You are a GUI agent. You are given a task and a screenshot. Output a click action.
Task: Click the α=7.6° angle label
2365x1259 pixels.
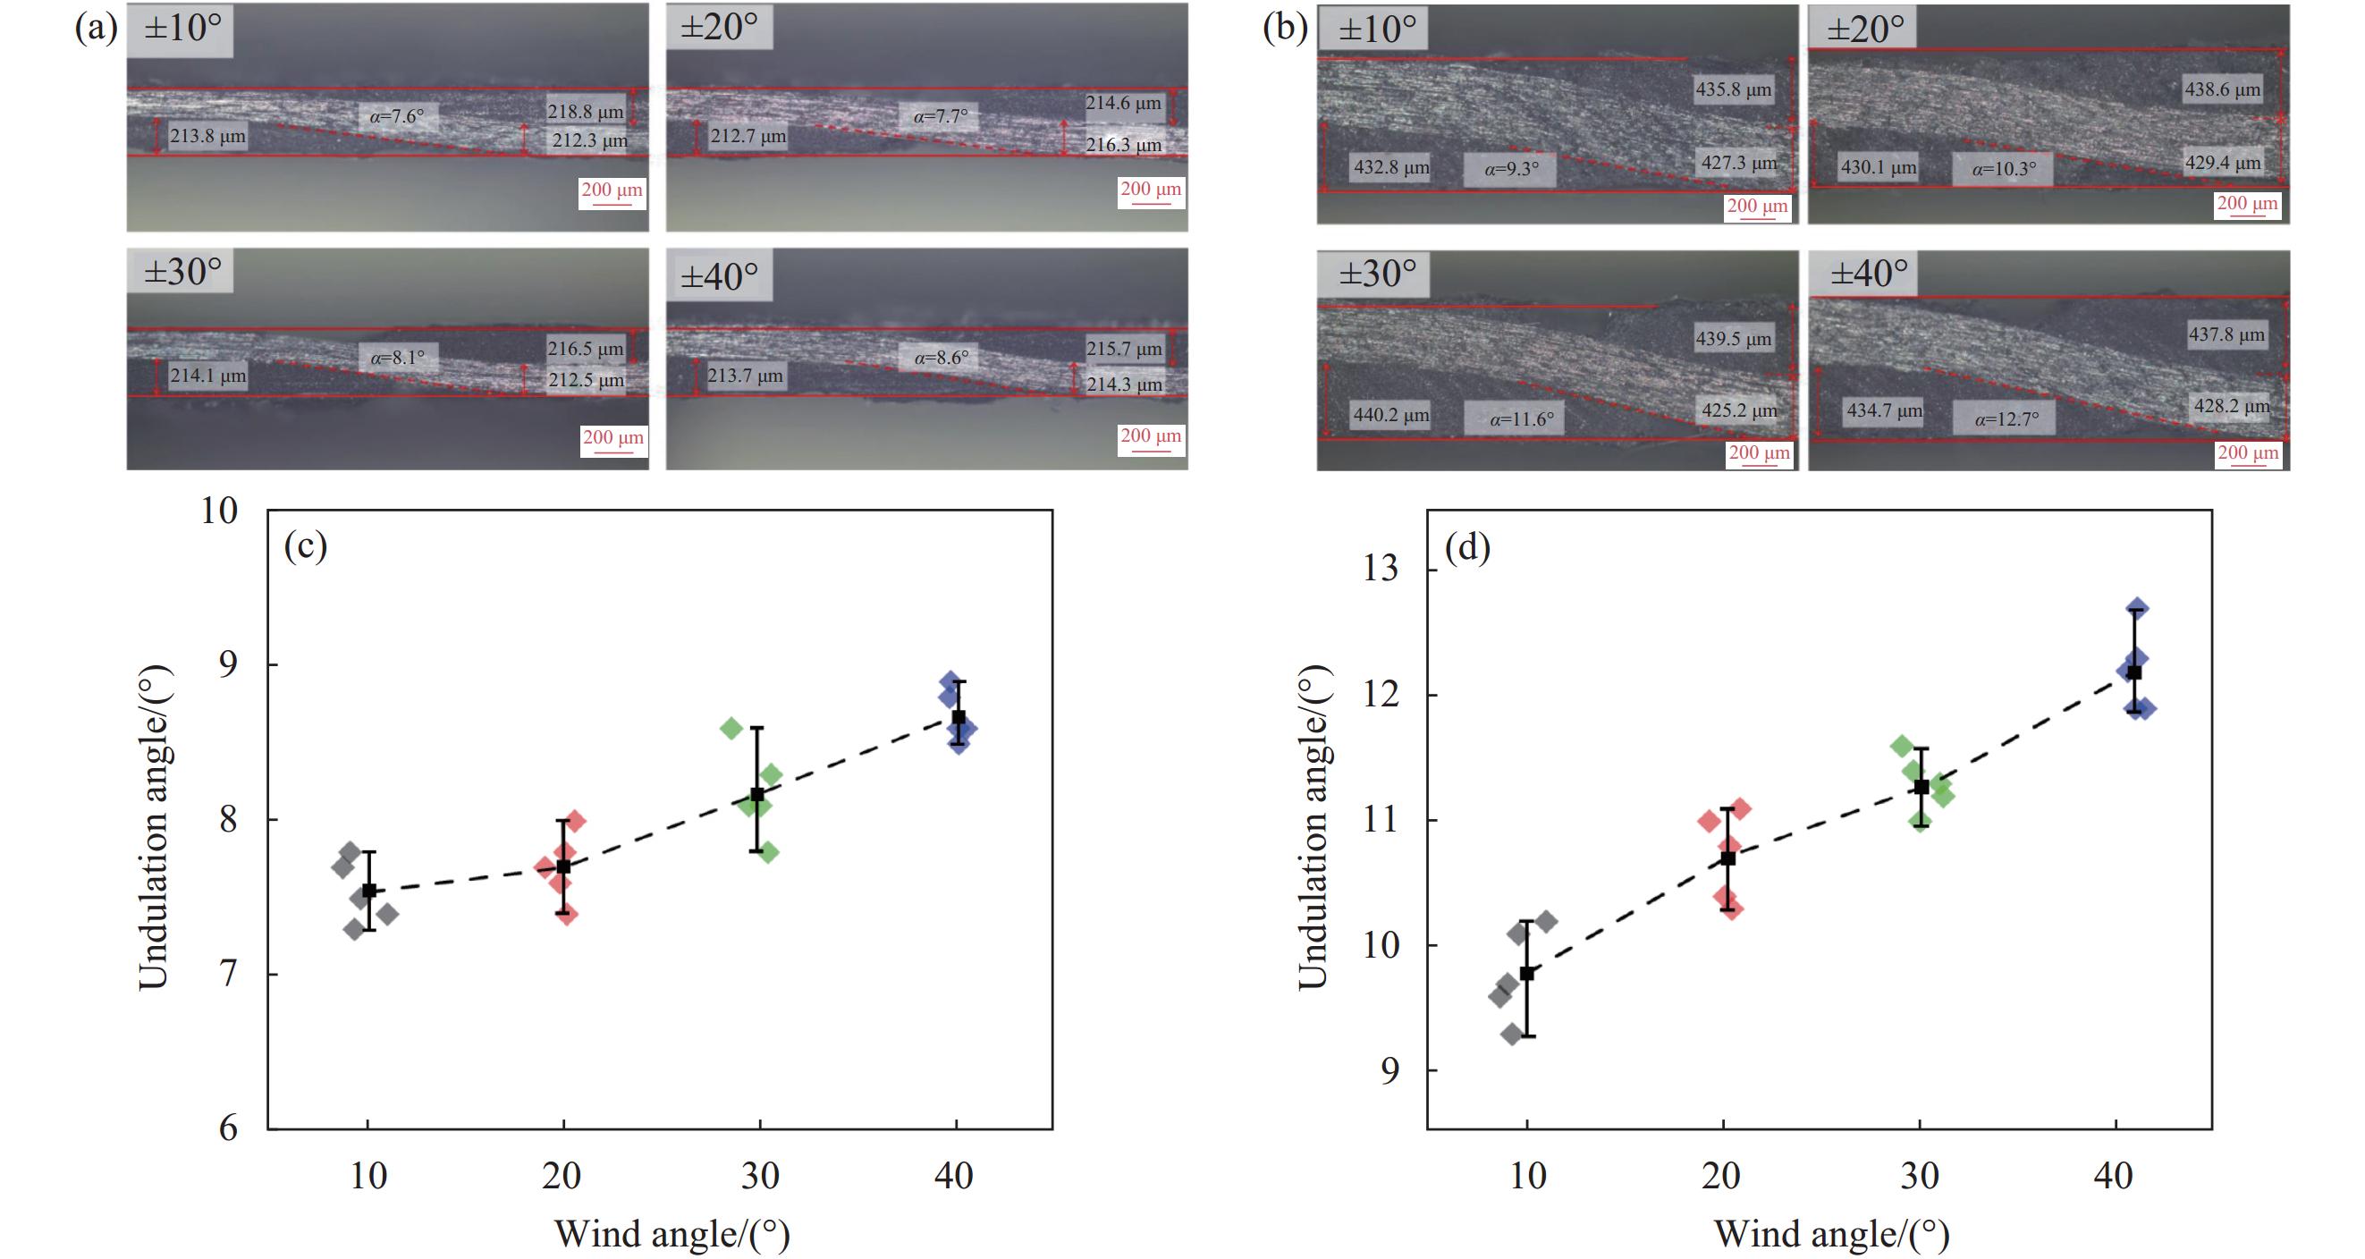398,116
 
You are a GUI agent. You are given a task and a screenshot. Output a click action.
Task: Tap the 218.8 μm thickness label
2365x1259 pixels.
585,112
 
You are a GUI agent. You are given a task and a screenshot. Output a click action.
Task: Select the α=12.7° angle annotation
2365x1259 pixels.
2007,419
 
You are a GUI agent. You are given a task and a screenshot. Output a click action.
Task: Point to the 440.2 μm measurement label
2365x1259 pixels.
1391,415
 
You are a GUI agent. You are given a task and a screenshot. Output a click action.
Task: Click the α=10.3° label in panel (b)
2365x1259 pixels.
2004,169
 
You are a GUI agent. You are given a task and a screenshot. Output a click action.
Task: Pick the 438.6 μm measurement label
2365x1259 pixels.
2222,89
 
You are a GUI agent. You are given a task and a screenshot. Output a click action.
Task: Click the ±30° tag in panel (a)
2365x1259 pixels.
182,272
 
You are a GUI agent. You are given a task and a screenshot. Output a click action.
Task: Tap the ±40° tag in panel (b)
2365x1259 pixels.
1869,274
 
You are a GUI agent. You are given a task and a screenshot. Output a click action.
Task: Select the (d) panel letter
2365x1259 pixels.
1467,547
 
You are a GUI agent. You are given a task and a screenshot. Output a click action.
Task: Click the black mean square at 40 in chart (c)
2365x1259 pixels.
959,718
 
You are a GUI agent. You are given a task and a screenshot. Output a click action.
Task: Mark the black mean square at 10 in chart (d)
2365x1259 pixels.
1527,974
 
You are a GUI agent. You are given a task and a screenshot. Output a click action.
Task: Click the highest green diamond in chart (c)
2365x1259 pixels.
731,729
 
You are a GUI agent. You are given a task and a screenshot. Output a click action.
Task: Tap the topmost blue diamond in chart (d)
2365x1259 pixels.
2137,608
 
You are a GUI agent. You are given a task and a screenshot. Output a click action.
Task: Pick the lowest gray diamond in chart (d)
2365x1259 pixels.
1511,1034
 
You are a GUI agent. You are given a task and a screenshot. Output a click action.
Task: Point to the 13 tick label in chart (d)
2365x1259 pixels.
1381,569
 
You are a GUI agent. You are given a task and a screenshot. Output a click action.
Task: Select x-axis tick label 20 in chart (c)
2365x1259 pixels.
562,1177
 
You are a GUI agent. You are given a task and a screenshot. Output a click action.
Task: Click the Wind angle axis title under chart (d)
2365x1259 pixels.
1831,1233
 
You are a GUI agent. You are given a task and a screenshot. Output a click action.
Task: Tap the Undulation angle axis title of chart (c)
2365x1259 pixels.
154,826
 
